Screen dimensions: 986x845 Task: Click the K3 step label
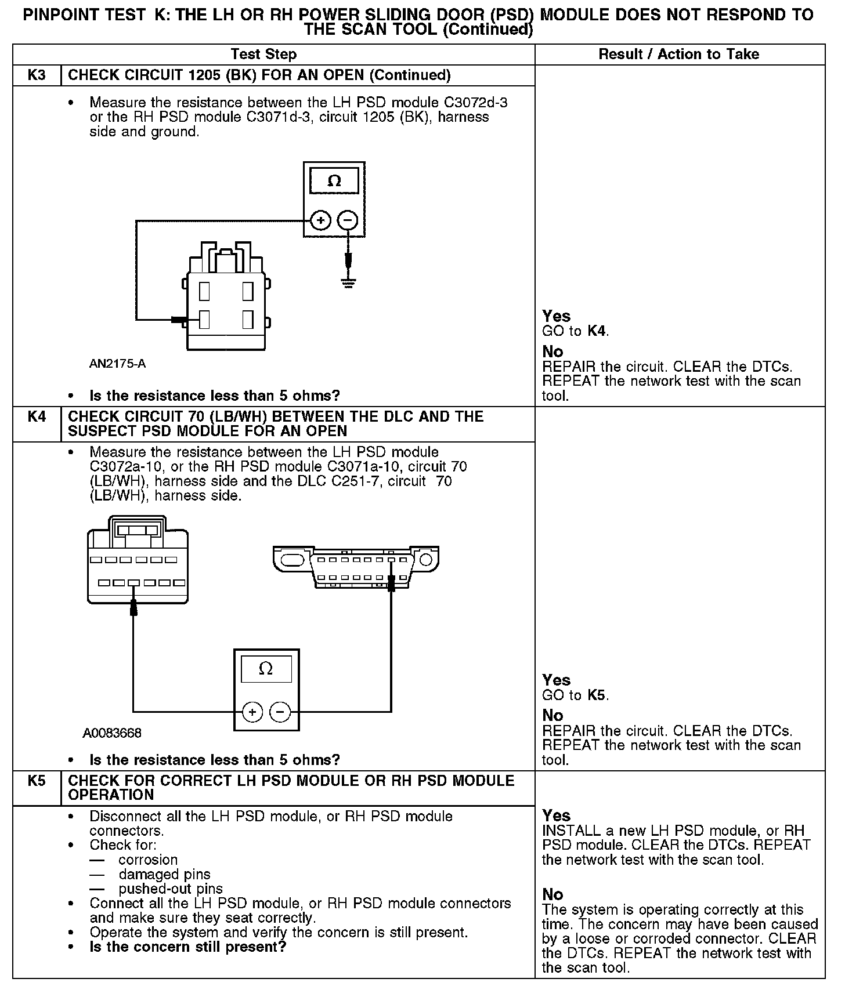[37, 75]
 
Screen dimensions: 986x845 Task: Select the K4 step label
[37, 416]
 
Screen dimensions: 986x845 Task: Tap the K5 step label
[37, 781]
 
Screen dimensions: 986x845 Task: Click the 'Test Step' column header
[263, 54]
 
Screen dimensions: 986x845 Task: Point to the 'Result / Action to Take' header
[678, 54]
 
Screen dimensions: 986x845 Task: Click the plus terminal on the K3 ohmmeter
[321, 220]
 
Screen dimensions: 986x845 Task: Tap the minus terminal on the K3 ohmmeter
[348, 220]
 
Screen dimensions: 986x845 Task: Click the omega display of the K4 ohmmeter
[266, 669]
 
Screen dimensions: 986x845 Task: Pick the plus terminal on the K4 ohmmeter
[252, 712]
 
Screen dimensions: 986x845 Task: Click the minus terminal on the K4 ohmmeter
[280, 712]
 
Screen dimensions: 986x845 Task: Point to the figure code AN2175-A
[118, 364]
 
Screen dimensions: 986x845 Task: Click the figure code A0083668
[112, 733]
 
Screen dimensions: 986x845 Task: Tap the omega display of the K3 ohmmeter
[334, 181]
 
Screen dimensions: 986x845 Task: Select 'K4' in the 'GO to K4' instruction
[597, 331]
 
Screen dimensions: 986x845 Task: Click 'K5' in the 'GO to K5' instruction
[597, 695]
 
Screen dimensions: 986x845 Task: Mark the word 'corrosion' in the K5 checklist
[148, 860]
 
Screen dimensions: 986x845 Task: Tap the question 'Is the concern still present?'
[188, 947]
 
